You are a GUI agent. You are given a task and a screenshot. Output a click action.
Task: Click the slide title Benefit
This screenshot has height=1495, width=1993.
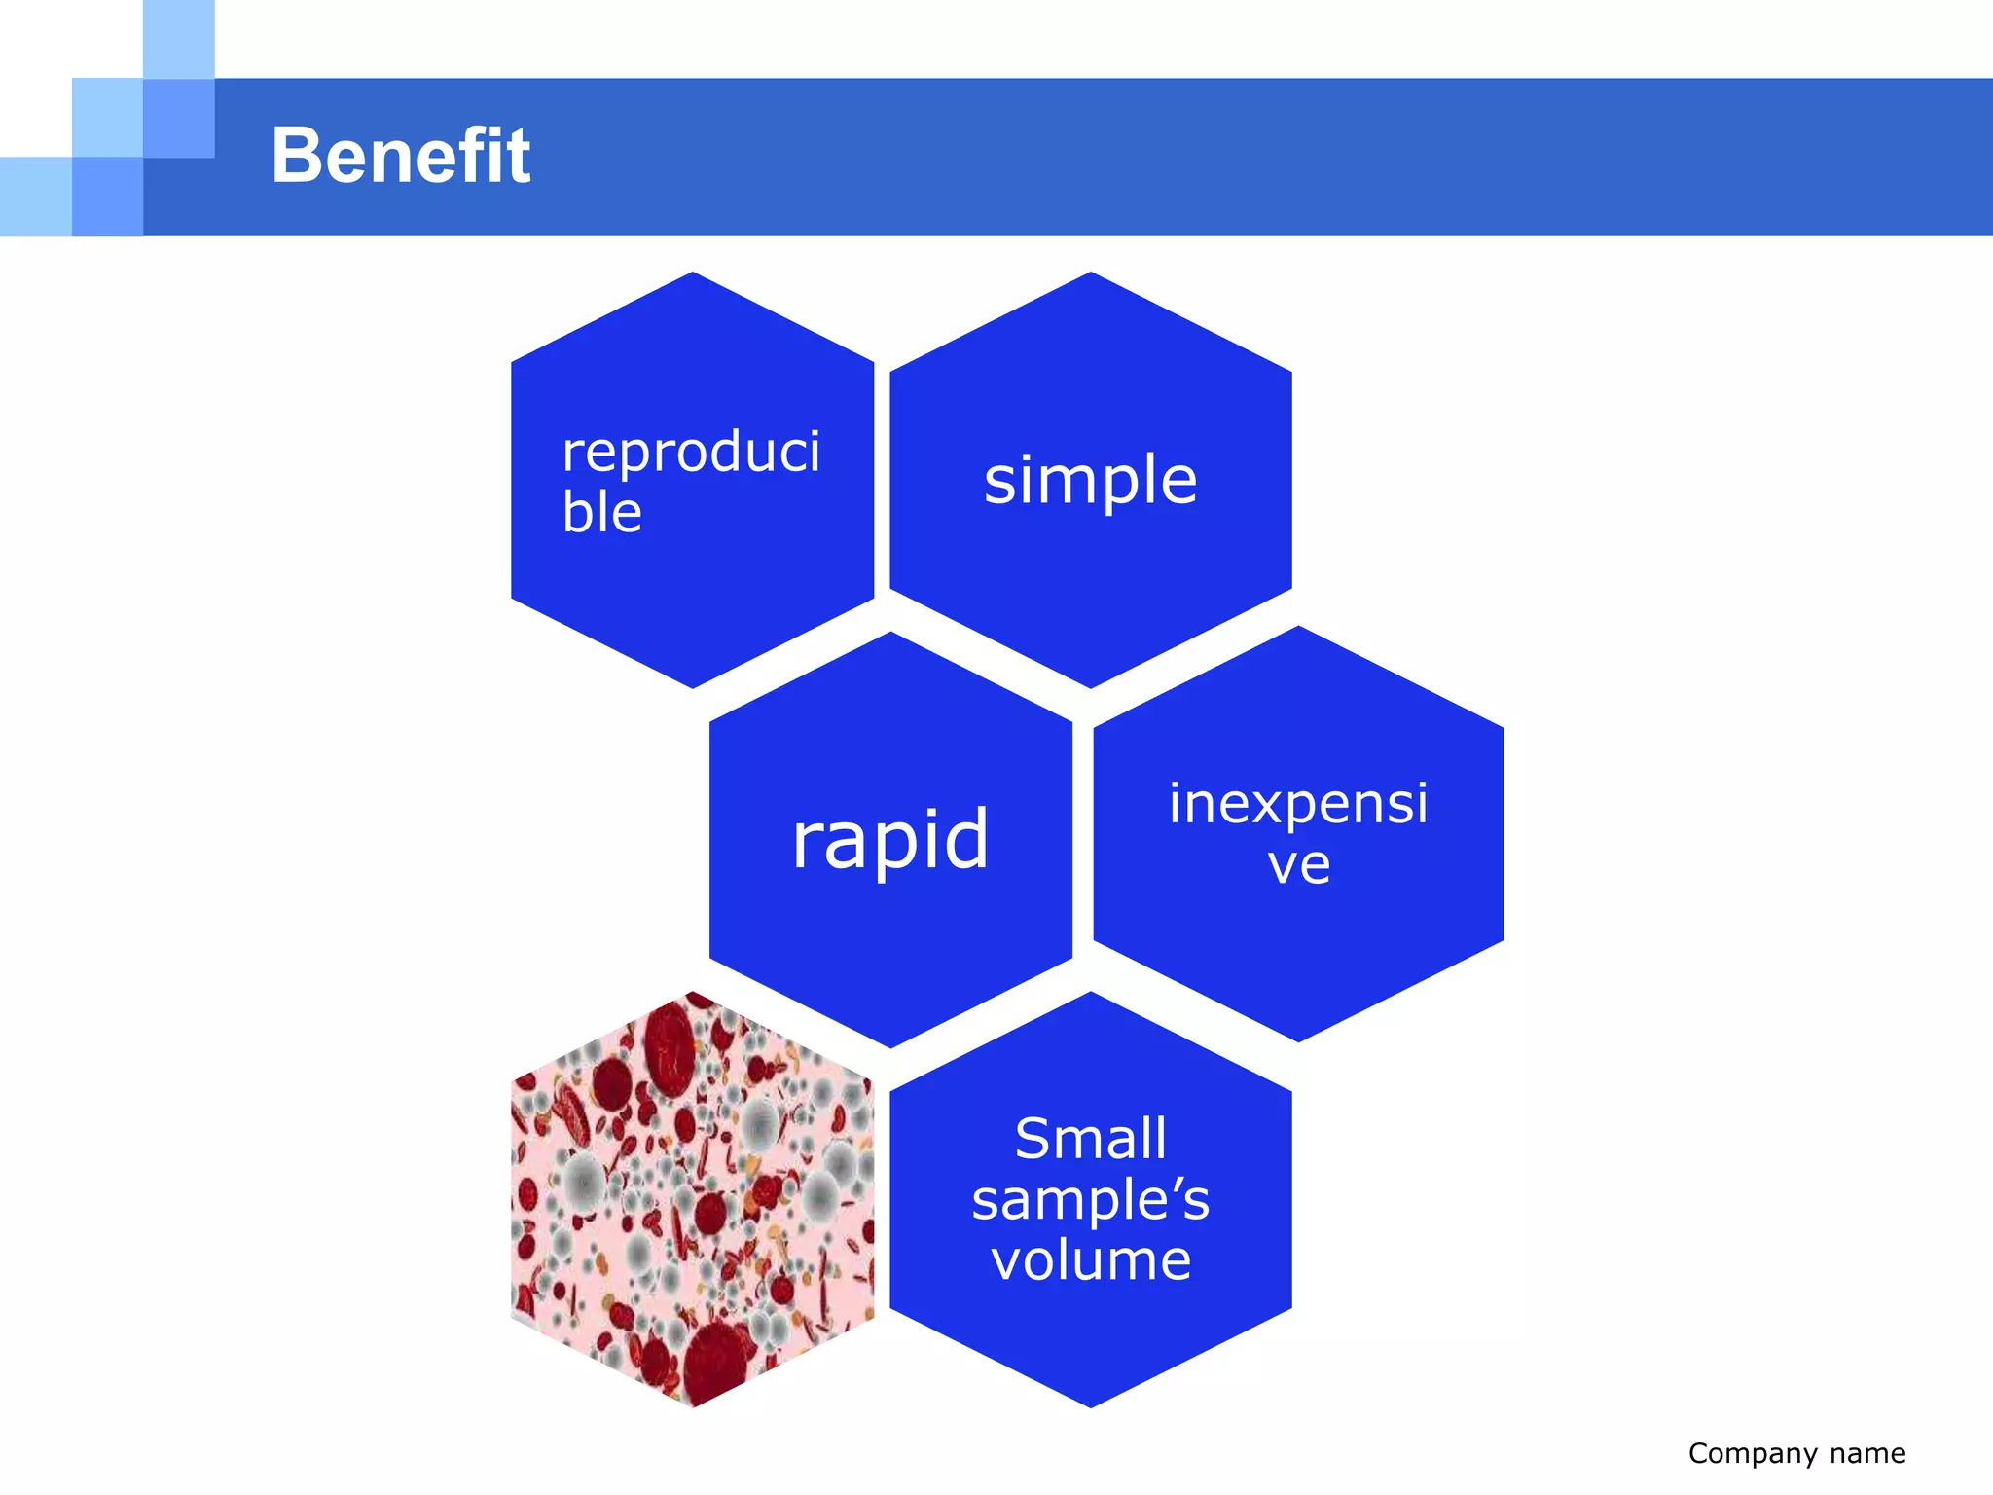click(x=400, y=156)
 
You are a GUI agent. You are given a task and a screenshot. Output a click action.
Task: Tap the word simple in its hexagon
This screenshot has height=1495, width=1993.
click(x=1090, y=480)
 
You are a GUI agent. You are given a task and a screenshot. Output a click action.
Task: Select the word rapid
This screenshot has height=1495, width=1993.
click(x=890, y=839)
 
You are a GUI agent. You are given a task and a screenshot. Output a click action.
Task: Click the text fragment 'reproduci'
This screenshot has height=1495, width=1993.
click(x=691, y=453)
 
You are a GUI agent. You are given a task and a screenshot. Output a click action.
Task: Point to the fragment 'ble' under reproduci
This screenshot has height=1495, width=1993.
click(x=602, y=513)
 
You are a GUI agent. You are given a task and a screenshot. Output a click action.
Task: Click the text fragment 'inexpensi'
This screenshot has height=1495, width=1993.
click(x=1298, y=804)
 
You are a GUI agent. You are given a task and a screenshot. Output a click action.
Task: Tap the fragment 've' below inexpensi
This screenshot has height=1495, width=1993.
click(x=1298, y=864)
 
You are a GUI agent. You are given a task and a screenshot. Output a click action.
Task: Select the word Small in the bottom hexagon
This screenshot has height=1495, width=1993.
click(x=1090, y=1139)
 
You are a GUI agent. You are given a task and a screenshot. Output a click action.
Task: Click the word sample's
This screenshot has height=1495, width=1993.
click(x=1090, y=1199)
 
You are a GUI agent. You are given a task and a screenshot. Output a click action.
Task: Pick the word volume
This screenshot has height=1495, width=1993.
click(x=1090, y=1259)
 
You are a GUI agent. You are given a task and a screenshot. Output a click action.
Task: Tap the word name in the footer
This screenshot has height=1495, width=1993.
click(x=1867, y=1454)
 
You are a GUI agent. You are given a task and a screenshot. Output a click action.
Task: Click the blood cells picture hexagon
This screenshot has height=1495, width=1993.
click(x=692, y=1199)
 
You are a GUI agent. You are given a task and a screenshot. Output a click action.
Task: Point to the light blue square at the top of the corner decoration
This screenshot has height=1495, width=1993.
click(x=179, y=39)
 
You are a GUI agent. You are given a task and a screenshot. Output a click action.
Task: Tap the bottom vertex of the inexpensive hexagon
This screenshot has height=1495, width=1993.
click(x=1298, y=1039)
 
